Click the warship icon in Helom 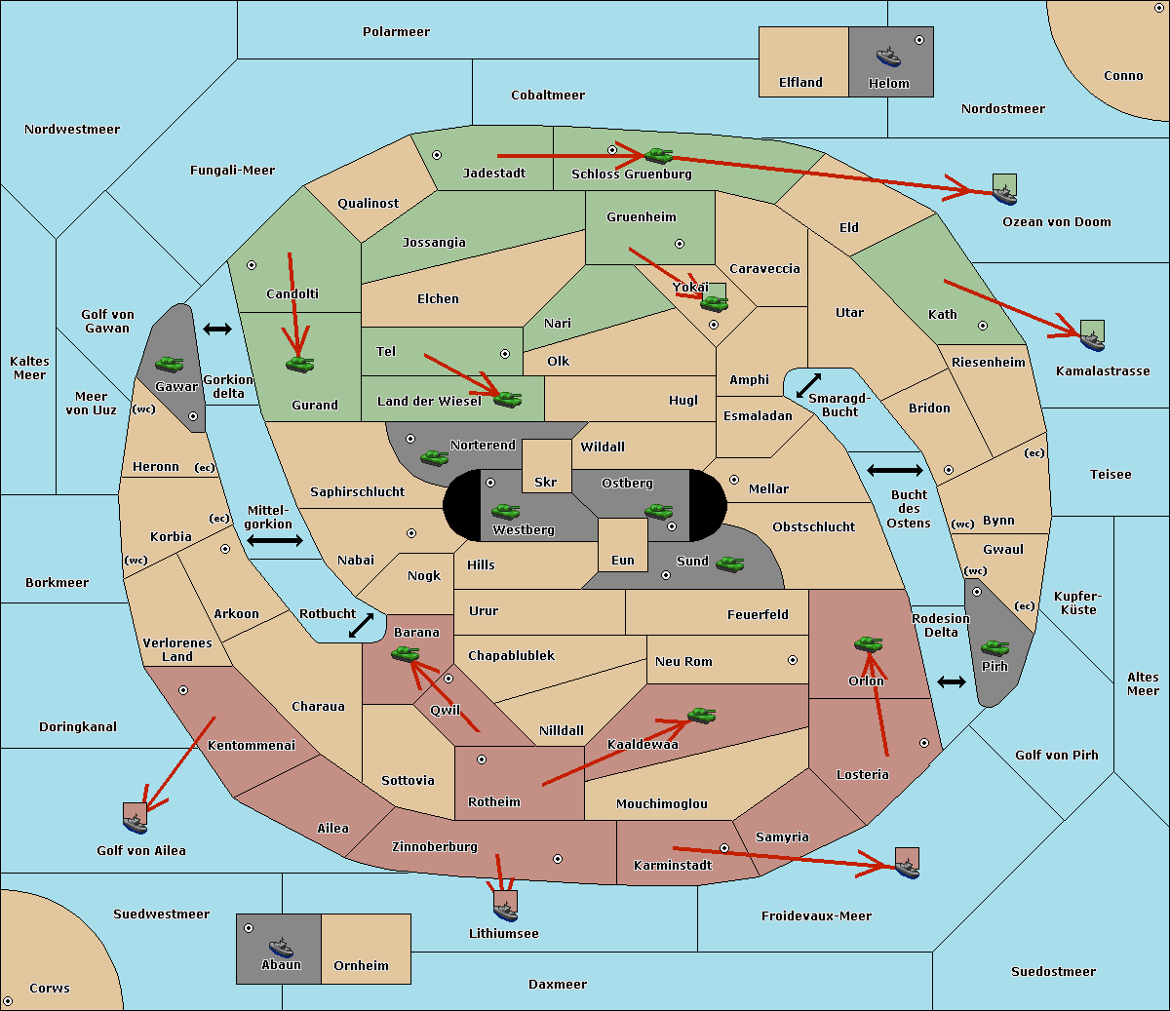tap(888, 57)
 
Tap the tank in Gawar tap(170, 364)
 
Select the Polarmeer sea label tap(396, 32)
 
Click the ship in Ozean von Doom tap(1004, 195)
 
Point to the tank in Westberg tap(505, 511)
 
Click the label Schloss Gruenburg tap(632, 174)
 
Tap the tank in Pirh tap(994, 647)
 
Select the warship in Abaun tap(281, 947)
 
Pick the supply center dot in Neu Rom tap(793, 660)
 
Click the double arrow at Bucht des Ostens tap(895, 470)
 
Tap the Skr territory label tap(546, 482)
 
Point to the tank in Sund tap(729, 564)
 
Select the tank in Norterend tap(434, 457)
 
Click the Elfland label tap(800, 83)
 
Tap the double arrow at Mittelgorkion tap(275, 540)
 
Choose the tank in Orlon tap(868, 643)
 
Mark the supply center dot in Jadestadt tap(437, 155)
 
